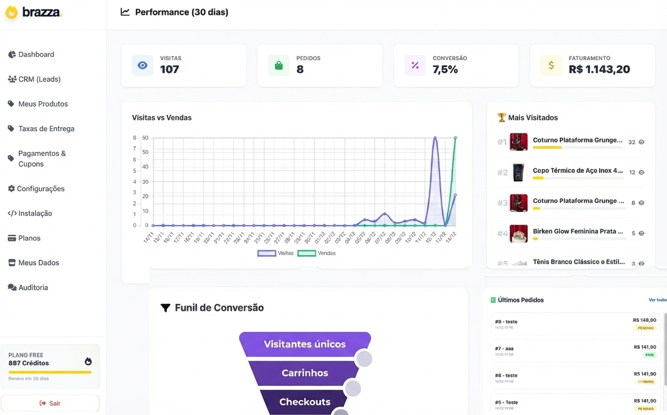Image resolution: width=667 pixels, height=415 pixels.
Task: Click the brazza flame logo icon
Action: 11,12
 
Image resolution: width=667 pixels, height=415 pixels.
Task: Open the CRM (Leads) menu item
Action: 39,79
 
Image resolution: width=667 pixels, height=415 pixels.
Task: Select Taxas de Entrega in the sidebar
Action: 46,129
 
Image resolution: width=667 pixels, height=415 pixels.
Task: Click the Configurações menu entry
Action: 41,189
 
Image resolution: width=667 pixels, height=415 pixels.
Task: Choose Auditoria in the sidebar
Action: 33,287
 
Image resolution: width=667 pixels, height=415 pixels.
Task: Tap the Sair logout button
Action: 50,403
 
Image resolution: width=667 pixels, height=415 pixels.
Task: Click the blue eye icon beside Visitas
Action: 142,66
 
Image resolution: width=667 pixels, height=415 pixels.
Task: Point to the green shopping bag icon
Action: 279,66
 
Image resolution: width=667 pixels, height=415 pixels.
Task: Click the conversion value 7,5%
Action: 445,70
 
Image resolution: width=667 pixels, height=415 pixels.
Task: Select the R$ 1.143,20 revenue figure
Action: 599,70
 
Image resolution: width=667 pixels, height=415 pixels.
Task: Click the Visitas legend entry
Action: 276,253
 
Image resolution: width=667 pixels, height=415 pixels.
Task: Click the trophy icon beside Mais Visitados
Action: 502,117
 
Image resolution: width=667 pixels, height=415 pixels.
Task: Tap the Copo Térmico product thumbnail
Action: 519,172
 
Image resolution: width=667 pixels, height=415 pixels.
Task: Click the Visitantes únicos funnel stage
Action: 305,344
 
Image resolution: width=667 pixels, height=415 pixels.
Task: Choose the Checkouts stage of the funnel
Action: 305,402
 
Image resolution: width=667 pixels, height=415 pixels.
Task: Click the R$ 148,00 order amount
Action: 645,320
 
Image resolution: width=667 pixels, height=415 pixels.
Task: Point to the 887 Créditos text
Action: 28,363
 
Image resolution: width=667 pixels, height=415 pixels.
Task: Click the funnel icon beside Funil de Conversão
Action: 165,308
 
